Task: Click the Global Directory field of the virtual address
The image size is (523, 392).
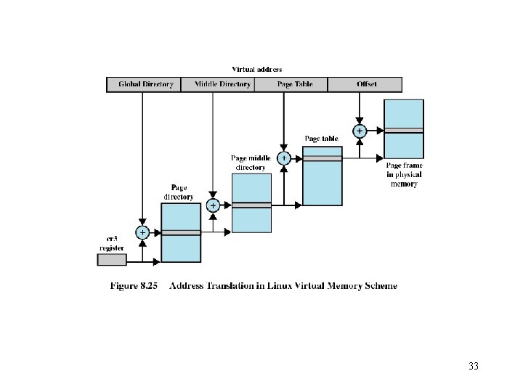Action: pos(143,84)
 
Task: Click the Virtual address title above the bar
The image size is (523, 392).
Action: pos(257,70)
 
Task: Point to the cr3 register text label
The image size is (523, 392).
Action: pos(113,242)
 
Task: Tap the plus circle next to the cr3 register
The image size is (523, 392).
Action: pos(142,232)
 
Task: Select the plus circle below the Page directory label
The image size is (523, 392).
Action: pos(213,205)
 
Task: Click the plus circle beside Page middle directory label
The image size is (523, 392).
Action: pos(284,158)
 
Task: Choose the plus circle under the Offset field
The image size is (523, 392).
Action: pos(359,131)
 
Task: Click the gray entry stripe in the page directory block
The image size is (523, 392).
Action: pos(181,232)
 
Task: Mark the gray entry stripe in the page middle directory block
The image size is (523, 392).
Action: pos(251,205)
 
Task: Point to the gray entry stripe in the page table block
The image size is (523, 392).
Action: pos(322,158)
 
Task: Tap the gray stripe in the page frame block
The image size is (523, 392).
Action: pos(404,131)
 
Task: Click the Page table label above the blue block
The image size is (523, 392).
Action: pos(321,138)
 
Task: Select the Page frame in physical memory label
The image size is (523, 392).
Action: pos(404,174)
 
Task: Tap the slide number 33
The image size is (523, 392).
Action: pos(474,366)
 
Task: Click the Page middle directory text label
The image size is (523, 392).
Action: pos(251,162)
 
